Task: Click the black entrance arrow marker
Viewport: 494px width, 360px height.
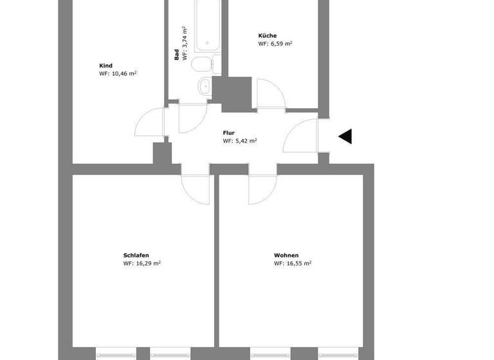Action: [345, 136]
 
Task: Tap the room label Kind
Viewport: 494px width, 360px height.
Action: [106, 66]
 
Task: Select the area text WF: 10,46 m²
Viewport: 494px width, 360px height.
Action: [118, 74]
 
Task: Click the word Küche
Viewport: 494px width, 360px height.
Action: [268, 35]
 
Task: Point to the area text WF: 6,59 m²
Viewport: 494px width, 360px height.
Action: [275, 44]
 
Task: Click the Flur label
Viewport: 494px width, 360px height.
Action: [229, 132]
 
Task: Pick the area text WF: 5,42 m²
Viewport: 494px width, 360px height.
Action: [240, 141]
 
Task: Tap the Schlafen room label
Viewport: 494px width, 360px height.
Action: [136, 255]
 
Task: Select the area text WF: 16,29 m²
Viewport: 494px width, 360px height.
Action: [142, 263]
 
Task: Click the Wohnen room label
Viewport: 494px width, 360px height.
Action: [286, 255]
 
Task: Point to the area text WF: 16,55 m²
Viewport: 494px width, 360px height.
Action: [293, 263]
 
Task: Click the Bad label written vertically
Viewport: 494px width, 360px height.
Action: [176, 56]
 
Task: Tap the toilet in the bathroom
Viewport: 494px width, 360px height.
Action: [202, 65]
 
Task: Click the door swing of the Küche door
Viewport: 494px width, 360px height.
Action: [269, 94]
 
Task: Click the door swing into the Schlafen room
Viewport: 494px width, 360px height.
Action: [196, 188]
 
